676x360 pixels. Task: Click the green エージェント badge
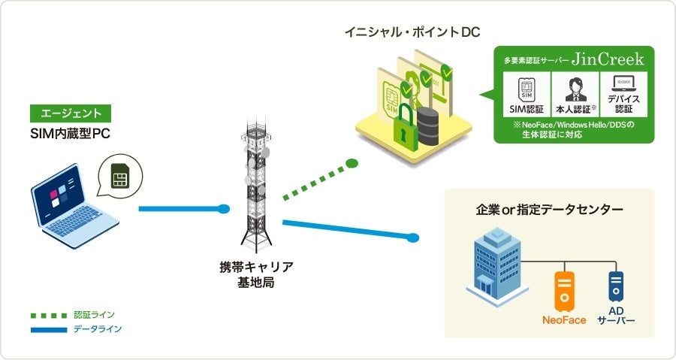[71, 113]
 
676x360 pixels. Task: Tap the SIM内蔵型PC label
[71, 134]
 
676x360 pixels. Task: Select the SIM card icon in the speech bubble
[119, 176]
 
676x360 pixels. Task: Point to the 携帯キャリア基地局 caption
[255, 274]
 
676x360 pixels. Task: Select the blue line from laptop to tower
[181, 208]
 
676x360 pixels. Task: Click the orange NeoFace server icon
[564, 292]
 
